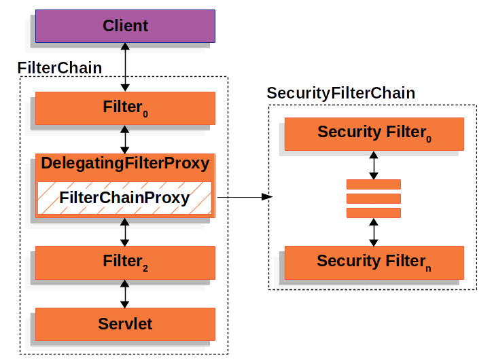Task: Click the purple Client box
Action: point(125,26)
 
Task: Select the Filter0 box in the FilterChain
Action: point(125,107)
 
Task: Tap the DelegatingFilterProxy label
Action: point(125,164)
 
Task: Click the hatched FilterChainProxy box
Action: point(124,198)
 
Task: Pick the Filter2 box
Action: point(125,261)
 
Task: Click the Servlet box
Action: point(125,323)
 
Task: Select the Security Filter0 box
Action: point(374,133)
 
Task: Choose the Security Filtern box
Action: point(374,262)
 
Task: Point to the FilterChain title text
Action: point(60,68)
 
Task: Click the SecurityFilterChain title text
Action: point(340,93)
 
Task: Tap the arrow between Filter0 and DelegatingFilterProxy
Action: point(125,139)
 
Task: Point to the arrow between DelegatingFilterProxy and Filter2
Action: point(125,232)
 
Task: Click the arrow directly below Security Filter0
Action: point(374,165)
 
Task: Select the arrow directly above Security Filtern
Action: point(374,232)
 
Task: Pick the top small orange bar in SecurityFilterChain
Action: point(374,184)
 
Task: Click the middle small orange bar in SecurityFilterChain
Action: point(374,198)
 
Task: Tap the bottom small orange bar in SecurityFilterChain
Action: point(374,213)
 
